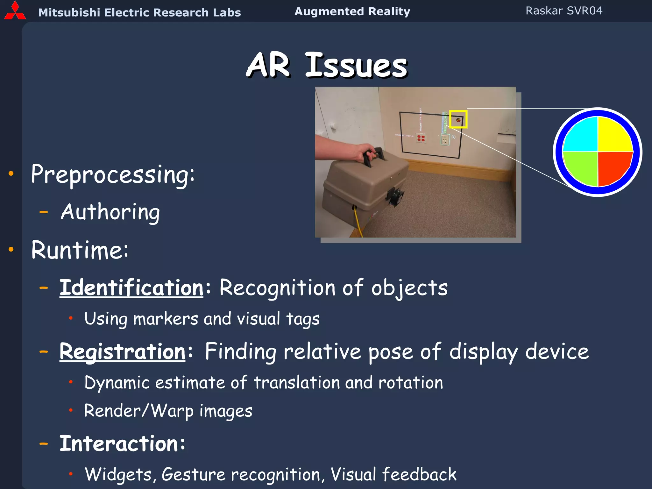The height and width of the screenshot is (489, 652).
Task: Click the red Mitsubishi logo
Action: point(15,11)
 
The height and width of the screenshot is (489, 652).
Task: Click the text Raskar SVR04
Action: point(564,11)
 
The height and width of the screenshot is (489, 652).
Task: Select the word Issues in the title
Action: point(356,66)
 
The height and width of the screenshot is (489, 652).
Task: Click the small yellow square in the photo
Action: point(458,119)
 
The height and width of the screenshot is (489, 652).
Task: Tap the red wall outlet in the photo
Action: point(421,138)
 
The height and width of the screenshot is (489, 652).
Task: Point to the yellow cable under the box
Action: point(358,223)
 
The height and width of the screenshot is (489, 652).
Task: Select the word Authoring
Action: point(110,213)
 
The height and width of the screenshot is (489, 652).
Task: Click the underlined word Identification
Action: point(131,288)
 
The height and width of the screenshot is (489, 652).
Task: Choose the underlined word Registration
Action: point(123,352)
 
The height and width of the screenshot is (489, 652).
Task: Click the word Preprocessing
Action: point(112,175)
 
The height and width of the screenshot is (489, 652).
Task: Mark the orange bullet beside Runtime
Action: point(11,249)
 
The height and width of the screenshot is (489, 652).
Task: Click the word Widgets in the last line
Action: point(118,474)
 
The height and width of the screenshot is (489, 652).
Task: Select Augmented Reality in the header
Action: point(352,11)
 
